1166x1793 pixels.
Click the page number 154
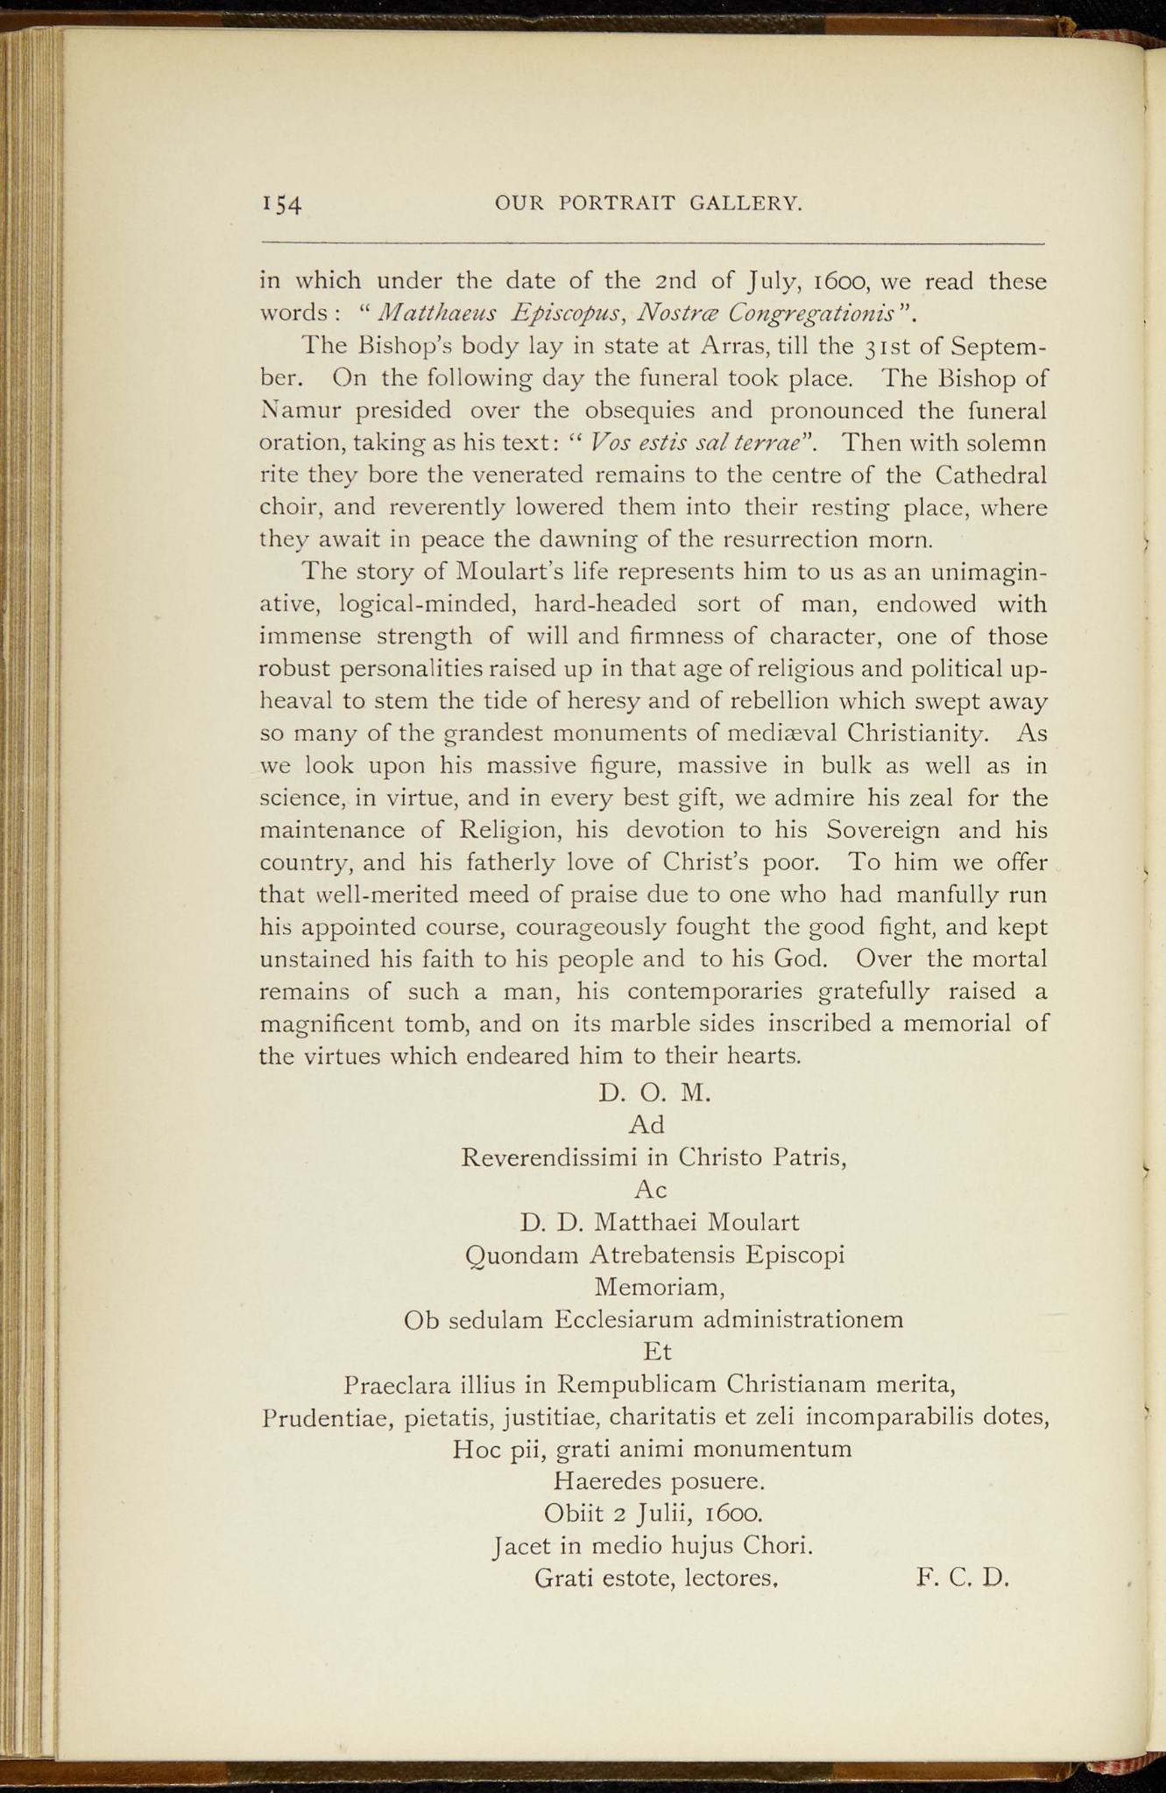282,205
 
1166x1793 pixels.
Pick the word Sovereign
883,829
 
